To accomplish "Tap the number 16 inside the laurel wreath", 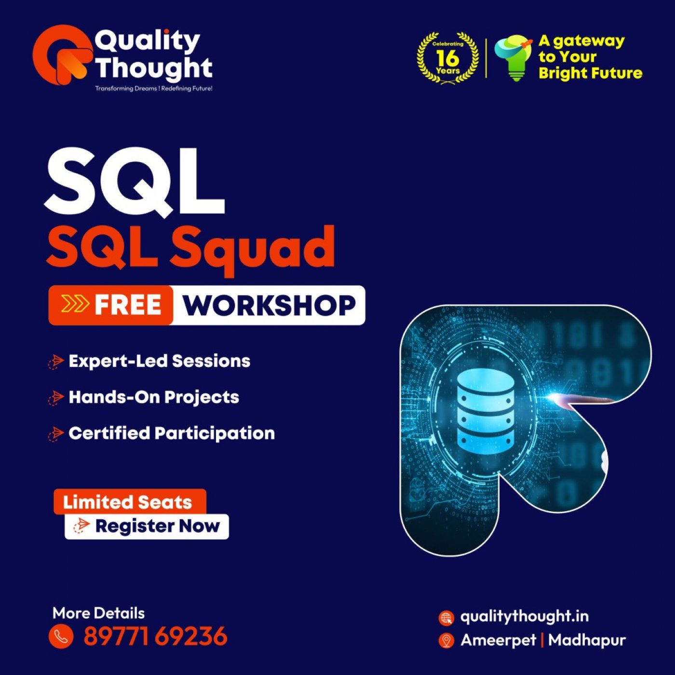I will [447, 58].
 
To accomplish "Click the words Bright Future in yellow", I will [590, 73].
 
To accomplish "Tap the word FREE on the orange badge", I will [128, 305].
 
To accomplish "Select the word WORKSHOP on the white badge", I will [269, 305].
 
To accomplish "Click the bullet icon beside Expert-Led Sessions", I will [56, 361].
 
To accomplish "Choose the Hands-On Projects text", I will [154, 397].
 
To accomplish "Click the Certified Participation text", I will [172, 433].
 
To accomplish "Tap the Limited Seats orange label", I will [128, 502].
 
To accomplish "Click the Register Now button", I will [147, 526].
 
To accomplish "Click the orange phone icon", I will [61, 636].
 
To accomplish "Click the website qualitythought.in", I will [524, 616].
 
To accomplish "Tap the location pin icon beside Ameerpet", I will [446, 640].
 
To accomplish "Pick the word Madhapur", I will [587, 640].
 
